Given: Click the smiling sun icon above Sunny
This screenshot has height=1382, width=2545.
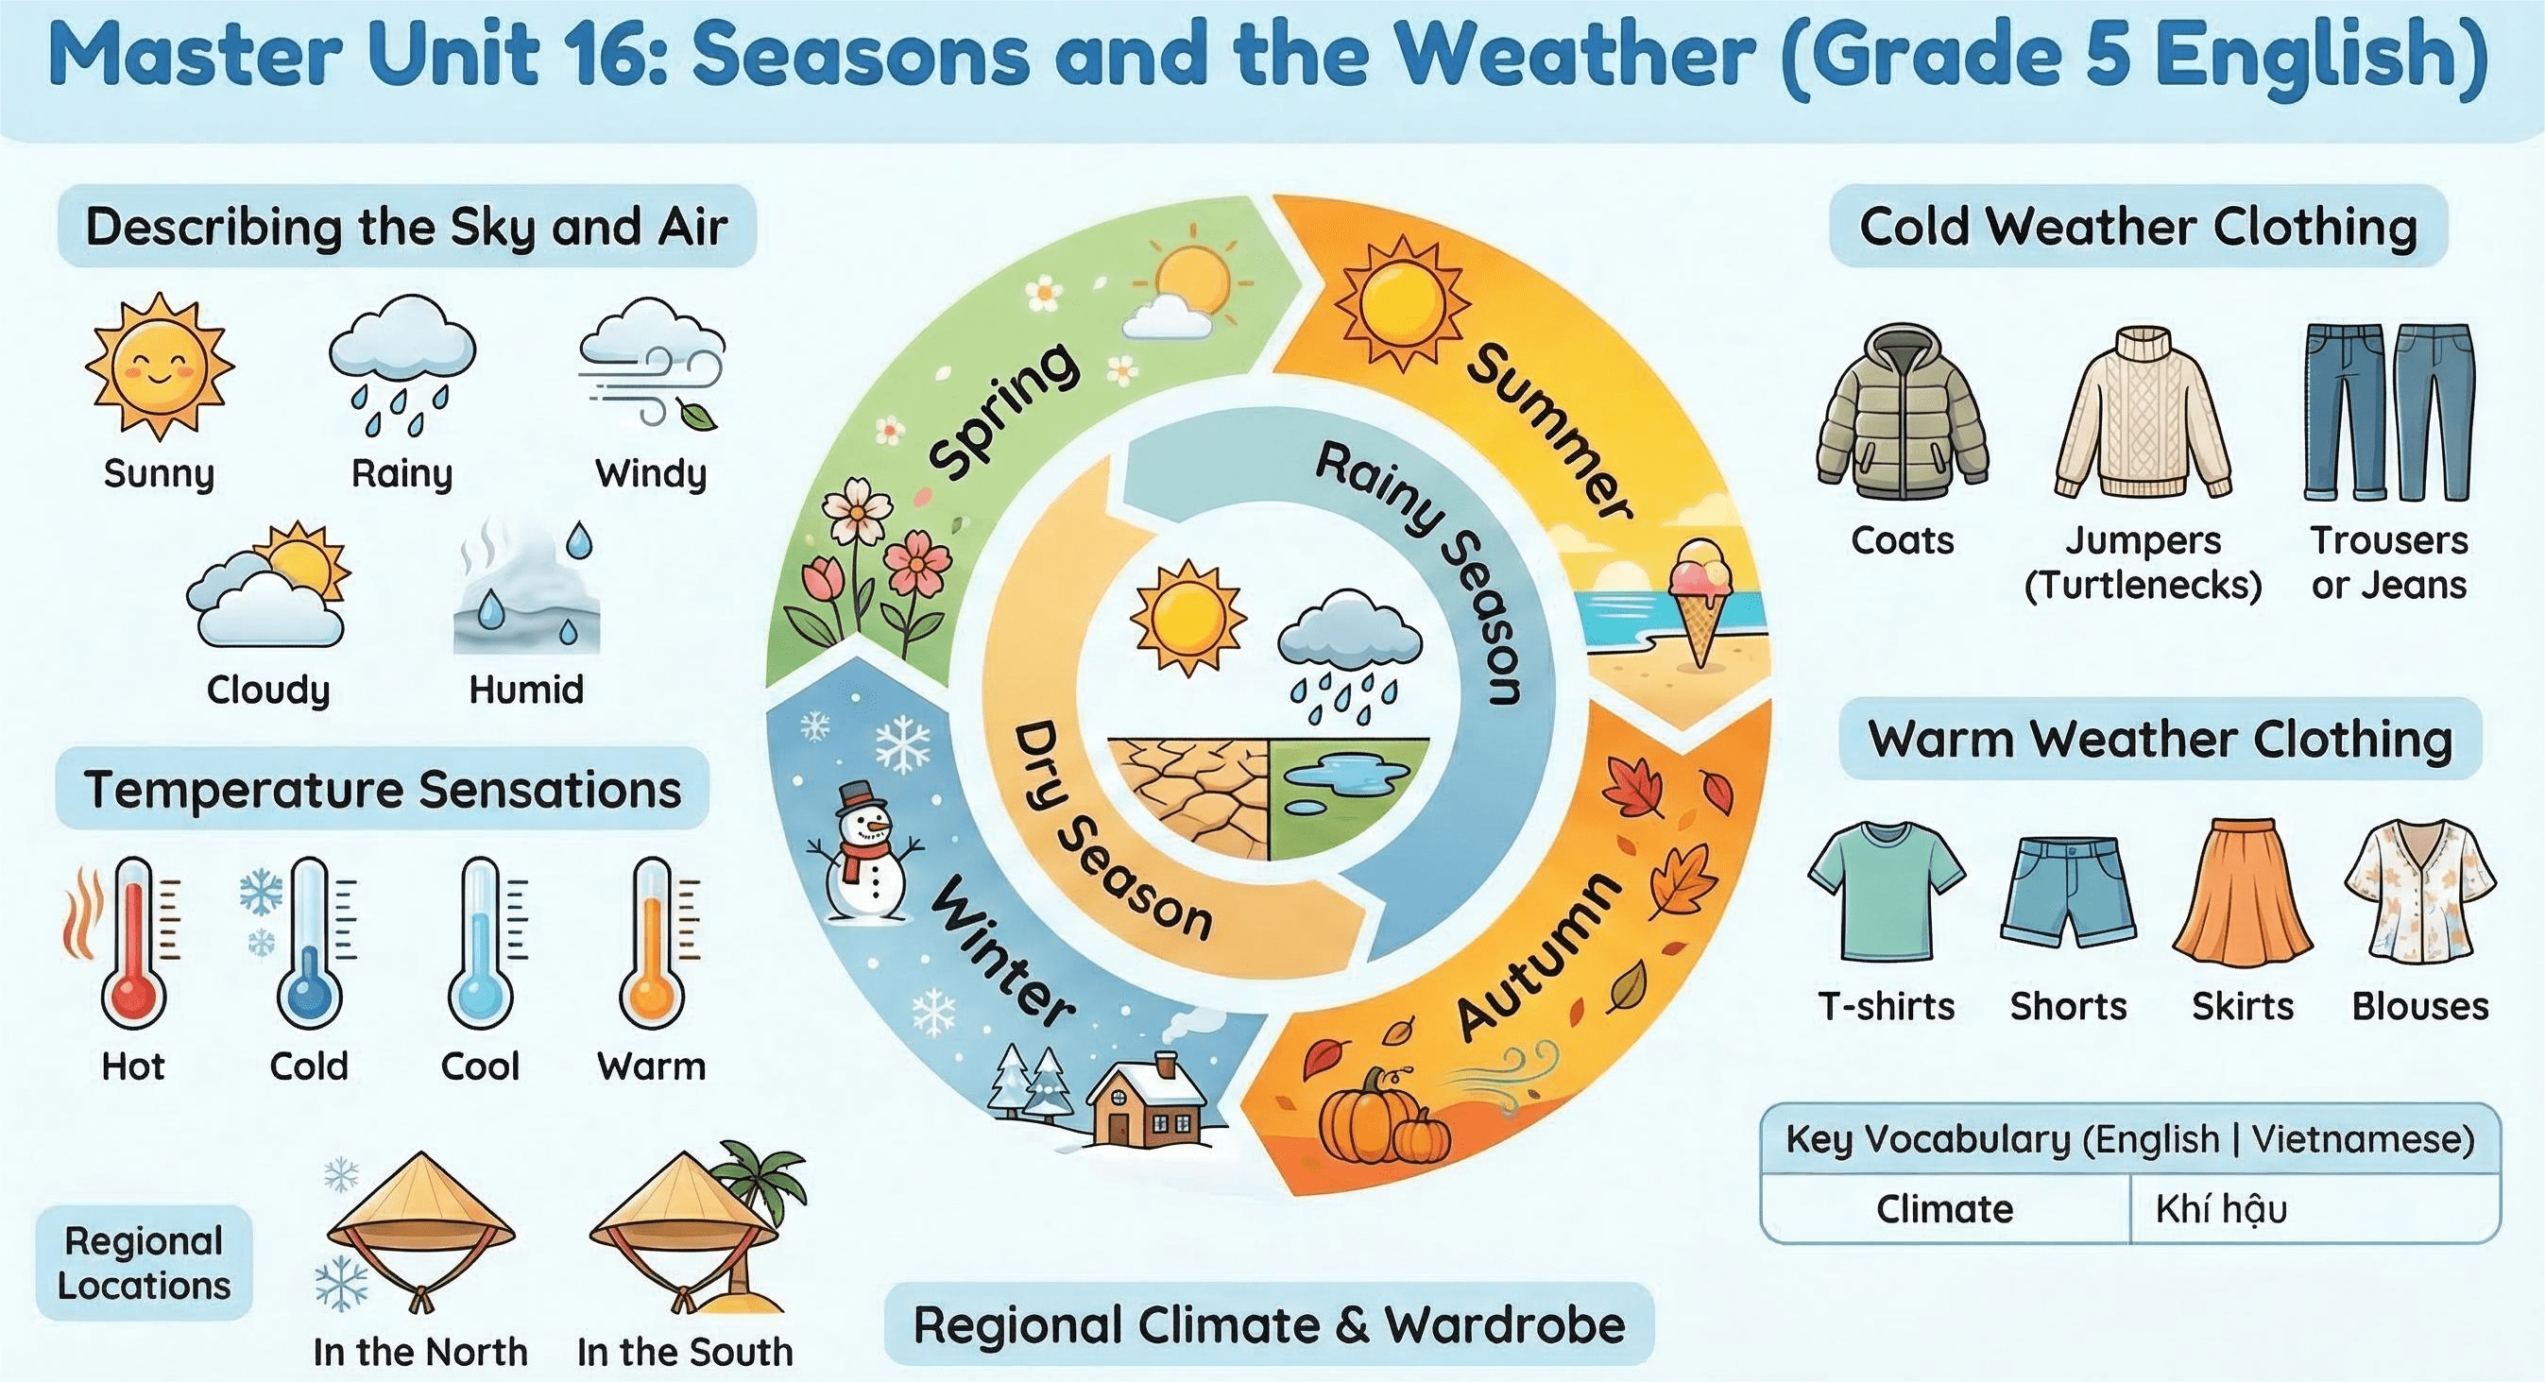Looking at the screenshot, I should coord(159,367).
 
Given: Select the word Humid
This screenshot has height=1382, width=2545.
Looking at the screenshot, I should coord(525,690).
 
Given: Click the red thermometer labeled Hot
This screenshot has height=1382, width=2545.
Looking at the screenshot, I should coord(132,944).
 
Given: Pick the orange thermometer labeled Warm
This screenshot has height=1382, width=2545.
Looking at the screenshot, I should coord(652,944).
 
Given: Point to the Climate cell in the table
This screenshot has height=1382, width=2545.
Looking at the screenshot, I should coord(1944,1209).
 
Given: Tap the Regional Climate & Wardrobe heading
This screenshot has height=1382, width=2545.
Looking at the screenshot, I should coord(1269,1324).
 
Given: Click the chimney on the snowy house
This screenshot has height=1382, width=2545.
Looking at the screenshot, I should coord(1167,1065).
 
